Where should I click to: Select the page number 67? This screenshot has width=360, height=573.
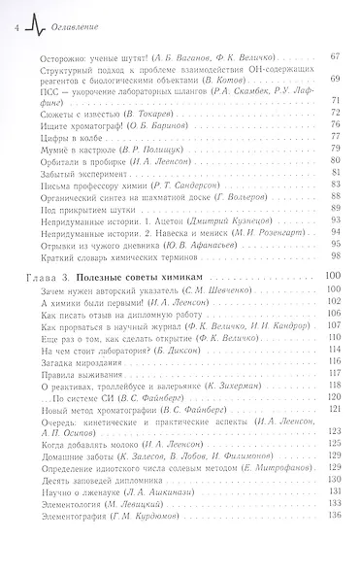334,58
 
